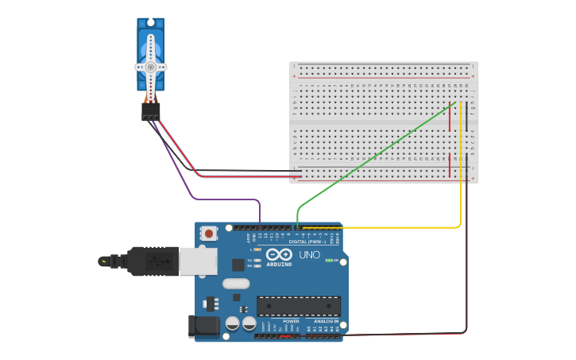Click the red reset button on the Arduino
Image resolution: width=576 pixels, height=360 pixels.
[209, 233]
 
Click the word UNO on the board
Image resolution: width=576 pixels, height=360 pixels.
[309, 255]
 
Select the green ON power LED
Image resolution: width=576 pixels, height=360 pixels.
[330, 261]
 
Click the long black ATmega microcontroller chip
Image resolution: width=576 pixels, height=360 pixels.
[298, 305]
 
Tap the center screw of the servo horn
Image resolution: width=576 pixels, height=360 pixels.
[150, 67]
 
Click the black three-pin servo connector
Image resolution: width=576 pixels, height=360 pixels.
[150, 112]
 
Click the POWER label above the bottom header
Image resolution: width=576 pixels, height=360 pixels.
[280, 321]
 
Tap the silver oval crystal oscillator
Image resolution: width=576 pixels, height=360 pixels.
[236, 283]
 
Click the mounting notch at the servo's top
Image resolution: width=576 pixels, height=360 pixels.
[150, 21]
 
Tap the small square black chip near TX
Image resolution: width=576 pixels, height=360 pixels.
[238, 265]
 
